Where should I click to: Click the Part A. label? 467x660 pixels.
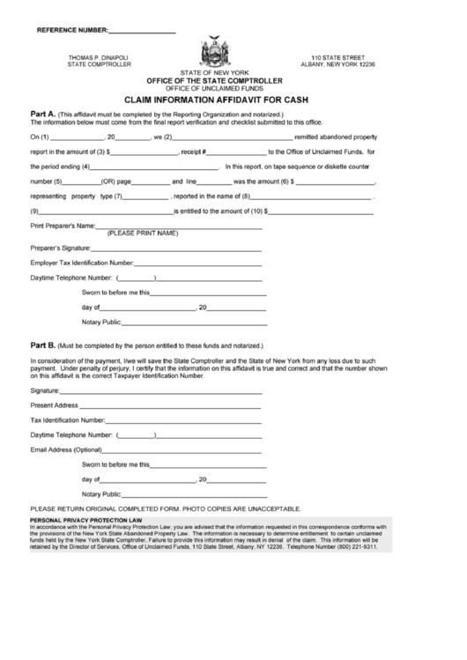click(x=43, y=115)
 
